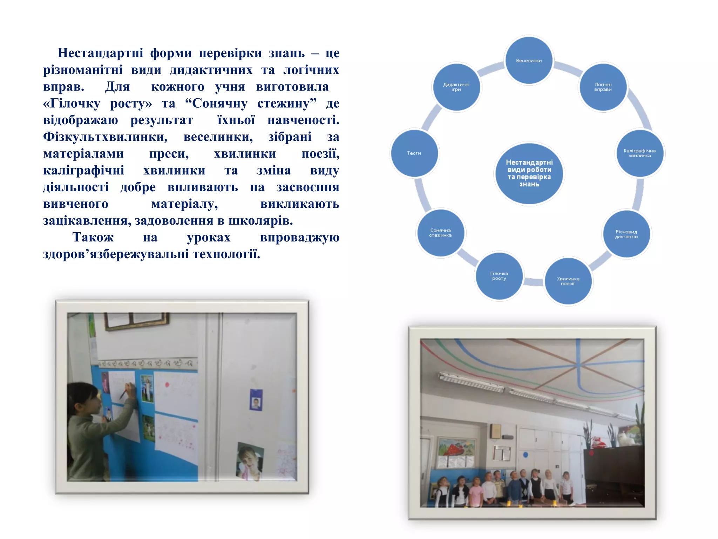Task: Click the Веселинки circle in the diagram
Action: pos(529,60)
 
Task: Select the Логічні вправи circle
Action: pos(603,87)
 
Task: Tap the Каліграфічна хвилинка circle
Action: pos(639,153)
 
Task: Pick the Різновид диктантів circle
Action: pos(626,234)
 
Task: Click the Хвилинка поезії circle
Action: pos(568,281)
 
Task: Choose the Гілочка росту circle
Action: pos(499,276)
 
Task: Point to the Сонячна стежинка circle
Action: pos(440,233)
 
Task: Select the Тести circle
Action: pos(414,153)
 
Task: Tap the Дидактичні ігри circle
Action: pos(456,87)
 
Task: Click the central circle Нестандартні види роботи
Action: pos(529,173)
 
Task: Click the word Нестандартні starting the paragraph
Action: pos(100,53)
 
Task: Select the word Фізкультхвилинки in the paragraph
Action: pos(105,137)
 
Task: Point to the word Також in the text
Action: pos(93,238)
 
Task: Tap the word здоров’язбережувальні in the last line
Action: pos(116,254)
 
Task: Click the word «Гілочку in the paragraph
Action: pos(72,104)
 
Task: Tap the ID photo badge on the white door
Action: pos(256,400)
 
